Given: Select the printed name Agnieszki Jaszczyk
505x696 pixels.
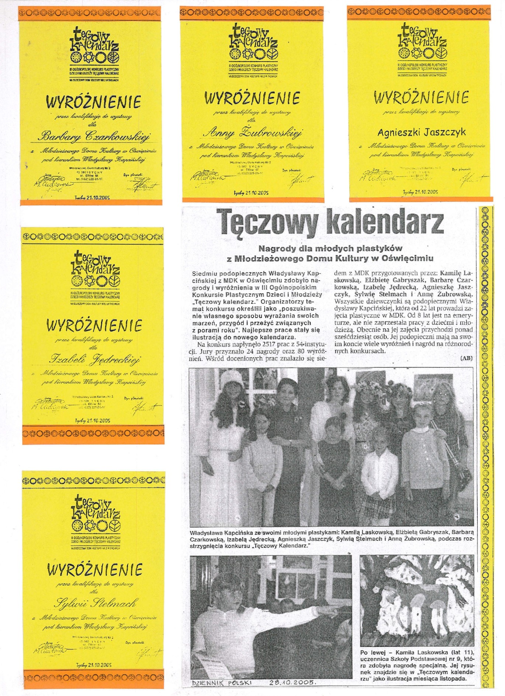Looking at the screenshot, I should (x=422, y=132).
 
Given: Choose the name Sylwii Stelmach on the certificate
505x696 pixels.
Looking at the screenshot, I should (x=95, y=603).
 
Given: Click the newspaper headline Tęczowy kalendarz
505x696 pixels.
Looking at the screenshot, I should (x=329, y=222).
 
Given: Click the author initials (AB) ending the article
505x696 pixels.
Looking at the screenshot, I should (x=467, y=358).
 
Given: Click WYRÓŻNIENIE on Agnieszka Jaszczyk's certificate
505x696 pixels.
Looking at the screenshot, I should (x=421, y=98).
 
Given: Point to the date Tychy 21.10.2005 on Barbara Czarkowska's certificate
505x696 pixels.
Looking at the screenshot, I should (x=92, y=197).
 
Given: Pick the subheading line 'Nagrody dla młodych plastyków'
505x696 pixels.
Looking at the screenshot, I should (x=330, y=248).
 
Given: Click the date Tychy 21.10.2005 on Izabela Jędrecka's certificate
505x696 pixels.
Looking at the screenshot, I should (x=93, y=420).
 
